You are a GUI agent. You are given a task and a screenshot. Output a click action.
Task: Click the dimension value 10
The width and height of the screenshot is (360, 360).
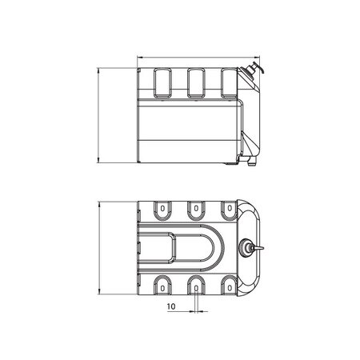[x=171, y=306]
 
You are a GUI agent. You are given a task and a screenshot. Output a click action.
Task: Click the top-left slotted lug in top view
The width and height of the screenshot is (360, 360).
[x=160, y=210]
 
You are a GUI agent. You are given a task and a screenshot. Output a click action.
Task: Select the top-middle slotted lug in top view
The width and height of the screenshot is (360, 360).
[x=195, y=210]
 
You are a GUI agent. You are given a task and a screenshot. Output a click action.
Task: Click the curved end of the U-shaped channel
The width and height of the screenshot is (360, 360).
[x=212, y=247]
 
